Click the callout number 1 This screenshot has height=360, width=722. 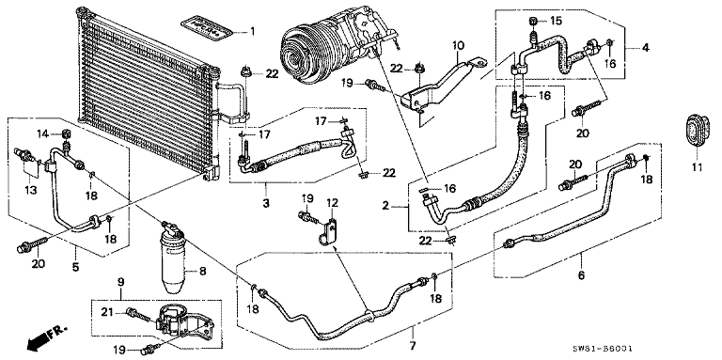(x=251, y=33)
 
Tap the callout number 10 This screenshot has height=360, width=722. (x=459, y=45)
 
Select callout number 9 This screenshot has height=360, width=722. (x=121, y=282)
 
